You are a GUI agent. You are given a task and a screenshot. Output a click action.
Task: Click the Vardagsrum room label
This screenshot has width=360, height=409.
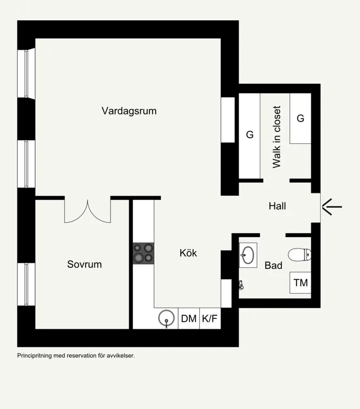tap(129, 111)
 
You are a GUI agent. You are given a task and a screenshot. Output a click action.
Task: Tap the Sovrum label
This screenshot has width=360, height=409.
tap(85, 264)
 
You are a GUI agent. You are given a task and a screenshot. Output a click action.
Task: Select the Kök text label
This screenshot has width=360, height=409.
tap(188, 253)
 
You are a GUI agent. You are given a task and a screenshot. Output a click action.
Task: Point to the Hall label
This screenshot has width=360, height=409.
tap(277, 206)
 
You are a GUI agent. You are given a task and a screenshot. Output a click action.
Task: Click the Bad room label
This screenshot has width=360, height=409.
tap(274, 266)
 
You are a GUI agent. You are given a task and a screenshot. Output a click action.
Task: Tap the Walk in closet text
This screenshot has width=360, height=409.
tap(277, 137)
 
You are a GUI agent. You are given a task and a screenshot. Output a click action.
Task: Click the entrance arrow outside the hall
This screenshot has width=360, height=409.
tap(332, 207)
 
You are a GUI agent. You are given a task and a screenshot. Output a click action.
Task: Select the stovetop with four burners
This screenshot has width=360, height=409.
tap(143, 253)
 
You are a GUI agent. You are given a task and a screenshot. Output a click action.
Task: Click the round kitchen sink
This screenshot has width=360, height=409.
tap(166, 318)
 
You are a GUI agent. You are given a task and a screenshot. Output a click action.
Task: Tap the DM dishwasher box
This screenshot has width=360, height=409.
tap(189, 318)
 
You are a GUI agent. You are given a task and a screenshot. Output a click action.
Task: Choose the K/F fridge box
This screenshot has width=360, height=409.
tap(210, 318)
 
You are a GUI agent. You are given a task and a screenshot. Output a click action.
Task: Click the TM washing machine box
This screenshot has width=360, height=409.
tap(300, 283)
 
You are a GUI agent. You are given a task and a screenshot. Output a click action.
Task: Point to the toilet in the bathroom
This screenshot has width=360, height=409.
tap(299, 255)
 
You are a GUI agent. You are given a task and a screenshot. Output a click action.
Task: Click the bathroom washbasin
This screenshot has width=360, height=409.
tap(248, 255)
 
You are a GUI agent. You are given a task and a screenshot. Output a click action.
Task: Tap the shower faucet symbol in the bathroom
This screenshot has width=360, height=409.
tap(241, 285)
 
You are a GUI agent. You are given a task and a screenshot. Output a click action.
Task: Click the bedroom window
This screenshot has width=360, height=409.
tap(26, 284)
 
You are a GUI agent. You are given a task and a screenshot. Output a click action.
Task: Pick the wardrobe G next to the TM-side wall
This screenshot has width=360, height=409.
tap(300, 118)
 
